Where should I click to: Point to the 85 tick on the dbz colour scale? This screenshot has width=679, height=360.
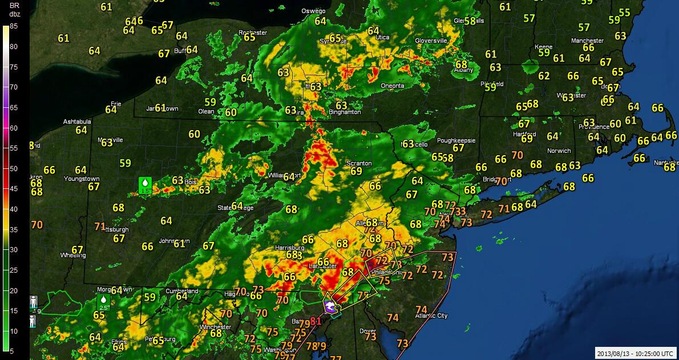pos(13,26)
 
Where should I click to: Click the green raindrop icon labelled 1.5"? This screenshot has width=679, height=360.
pos(145,185)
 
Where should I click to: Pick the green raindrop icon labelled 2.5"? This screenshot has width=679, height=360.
pos(104,302)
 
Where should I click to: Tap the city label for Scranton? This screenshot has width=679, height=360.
pos(359,163)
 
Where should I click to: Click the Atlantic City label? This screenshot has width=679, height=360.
pos(431,315)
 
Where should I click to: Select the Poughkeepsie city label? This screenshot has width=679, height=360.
pos(456,140)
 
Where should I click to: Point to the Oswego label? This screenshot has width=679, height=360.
pos(313,11)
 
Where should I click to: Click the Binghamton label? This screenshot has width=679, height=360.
pos(345,112)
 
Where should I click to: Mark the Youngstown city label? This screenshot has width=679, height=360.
pos(82,179)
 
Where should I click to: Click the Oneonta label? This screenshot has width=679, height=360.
pos(392,86)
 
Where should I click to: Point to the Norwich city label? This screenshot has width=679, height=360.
pos(559,151)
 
